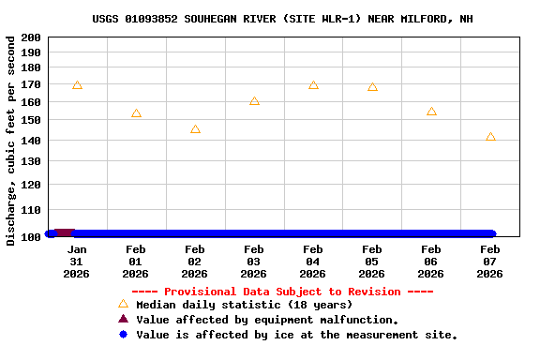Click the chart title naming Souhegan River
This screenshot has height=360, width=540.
282,18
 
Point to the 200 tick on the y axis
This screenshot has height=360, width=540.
31,37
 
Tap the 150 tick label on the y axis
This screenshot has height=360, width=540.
31,120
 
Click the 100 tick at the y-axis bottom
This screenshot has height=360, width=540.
31,236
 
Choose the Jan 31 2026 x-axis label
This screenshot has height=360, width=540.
77,262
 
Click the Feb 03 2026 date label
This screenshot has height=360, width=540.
253,262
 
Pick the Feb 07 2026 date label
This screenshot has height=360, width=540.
489,262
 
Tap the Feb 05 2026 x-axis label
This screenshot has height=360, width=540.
371,262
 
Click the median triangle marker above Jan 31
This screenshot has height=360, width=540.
77,85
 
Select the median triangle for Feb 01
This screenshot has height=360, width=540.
136,113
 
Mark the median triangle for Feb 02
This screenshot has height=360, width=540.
195,129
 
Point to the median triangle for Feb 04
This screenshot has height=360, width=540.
313,85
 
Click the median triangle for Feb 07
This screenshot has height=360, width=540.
490,137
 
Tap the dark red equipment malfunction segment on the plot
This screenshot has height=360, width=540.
64,232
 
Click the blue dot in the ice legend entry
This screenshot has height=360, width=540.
123,334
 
